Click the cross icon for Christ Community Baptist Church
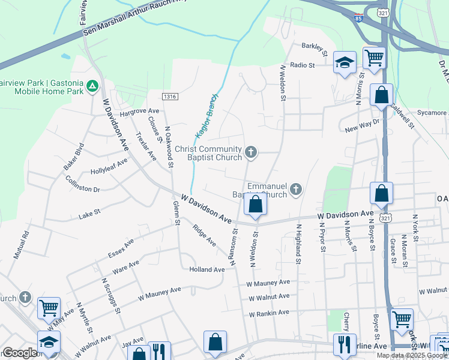pos(252,153)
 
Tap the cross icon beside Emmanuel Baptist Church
pos(295,190)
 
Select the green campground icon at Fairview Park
pos(92,86)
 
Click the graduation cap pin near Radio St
pos(345,62)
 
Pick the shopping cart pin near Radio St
pos(374,59)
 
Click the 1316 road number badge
pos(170,96)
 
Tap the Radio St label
pos(302,65)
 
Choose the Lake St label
pos(89,212)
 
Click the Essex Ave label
pos(121,247)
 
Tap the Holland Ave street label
pos(207,269)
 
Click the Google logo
pos(20,353)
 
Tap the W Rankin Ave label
pos(269,313)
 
